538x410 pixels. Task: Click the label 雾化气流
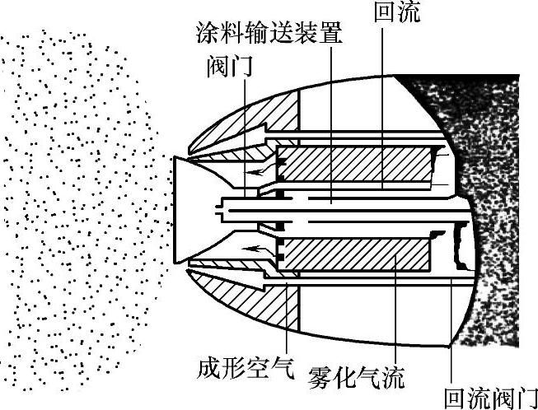(x=356, y=379)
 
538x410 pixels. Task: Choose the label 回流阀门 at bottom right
(x=490, y=398)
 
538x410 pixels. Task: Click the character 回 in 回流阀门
(x=454, y=398)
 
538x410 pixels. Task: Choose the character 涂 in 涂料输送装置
(x=207, y=35)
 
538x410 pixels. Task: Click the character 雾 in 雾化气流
(x=319, y=379)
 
